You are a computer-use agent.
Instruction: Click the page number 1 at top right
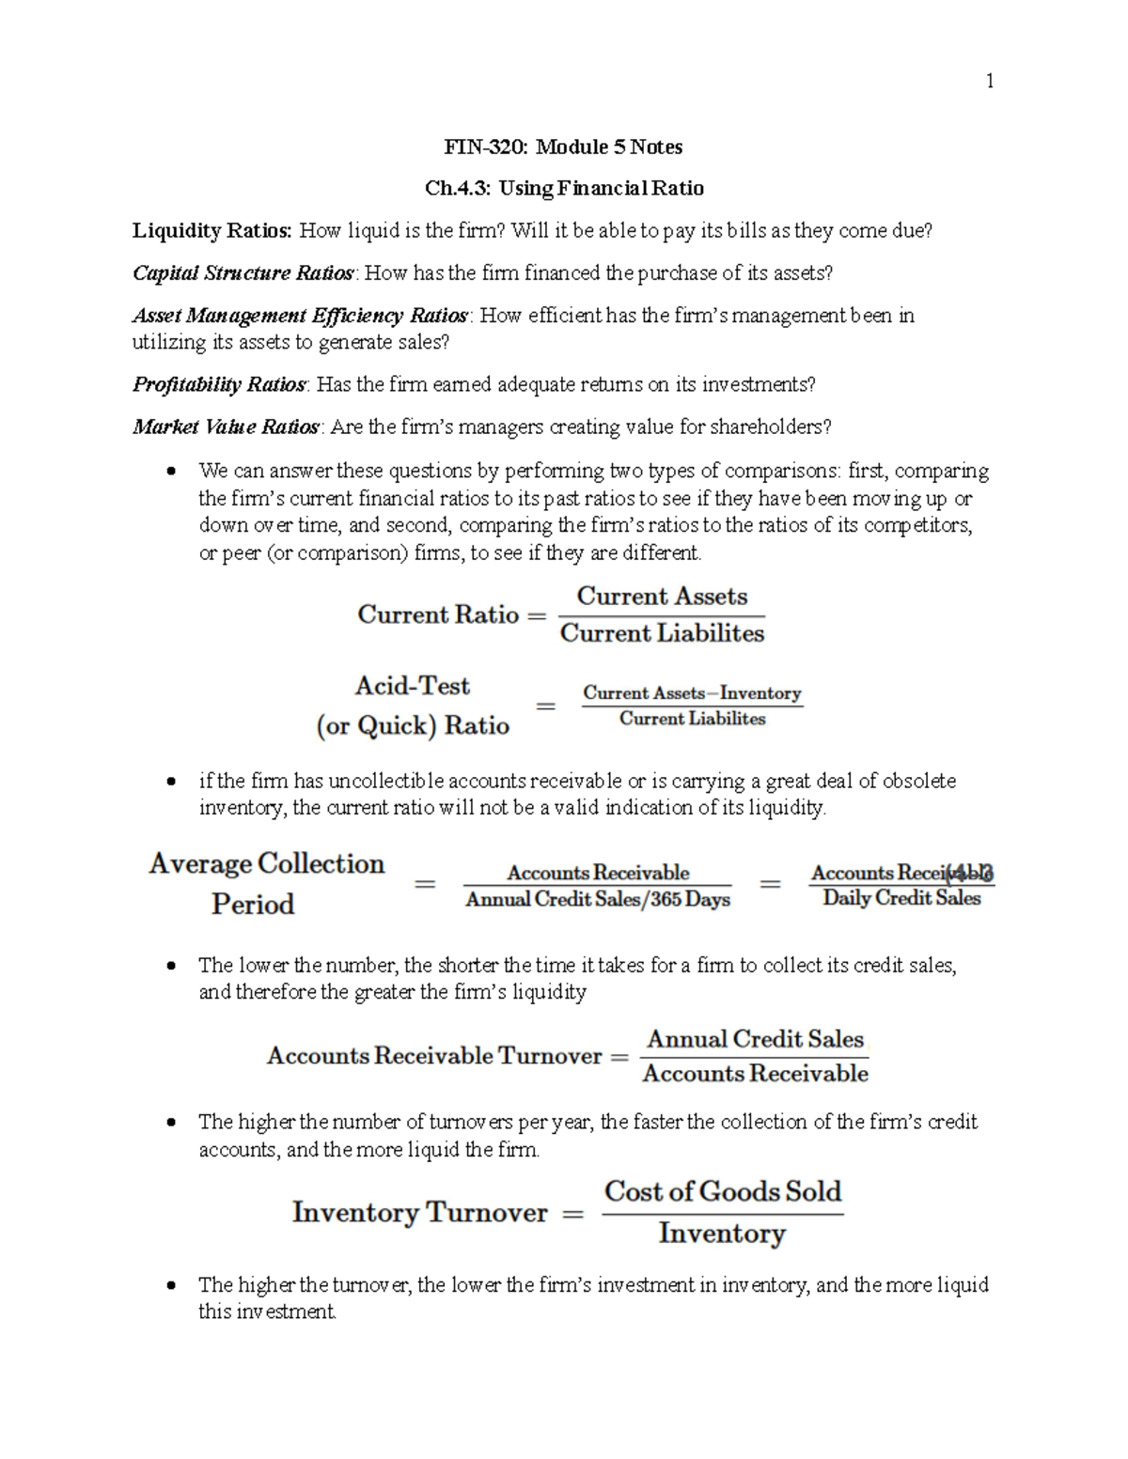[989, 82]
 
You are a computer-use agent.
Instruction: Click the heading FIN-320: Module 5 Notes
[563, 147]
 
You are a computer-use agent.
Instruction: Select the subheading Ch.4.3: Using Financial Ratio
[564, 188]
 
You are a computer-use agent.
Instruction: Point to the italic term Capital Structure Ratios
[243, 273]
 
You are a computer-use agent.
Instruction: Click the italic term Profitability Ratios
[219, 384]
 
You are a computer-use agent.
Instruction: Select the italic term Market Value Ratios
[226, 427]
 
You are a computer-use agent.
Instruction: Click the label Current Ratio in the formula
[438, 614]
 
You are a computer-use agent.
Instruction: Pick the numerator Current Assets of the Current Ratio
[662, 597]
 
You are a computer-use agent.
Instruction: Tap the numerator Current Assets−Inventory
[692, 693]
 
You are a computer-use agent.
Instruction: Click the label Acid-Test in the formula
[412, 686]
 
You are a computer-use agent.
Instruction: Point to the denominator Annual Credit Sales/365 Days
[598, 900]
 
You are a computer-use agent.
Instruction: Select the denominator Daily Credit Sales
[901, 898]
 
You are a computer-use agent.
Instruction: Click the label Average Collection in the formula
[266, 863]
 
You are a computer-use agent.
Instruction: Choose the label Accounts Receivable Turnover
[433, 1056]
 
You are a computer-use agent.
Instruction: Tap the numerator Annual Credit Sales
[755, 1039]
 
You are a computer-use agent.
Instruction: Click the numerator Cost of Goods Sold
[722, 1191]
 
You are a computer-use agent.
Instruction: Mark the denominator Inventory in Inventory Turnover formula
[722, 1233]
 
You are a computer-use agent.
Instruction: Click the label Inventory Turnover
[419, 1212]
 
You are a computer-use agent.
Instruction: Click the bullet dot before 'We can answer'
[170, 471]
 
